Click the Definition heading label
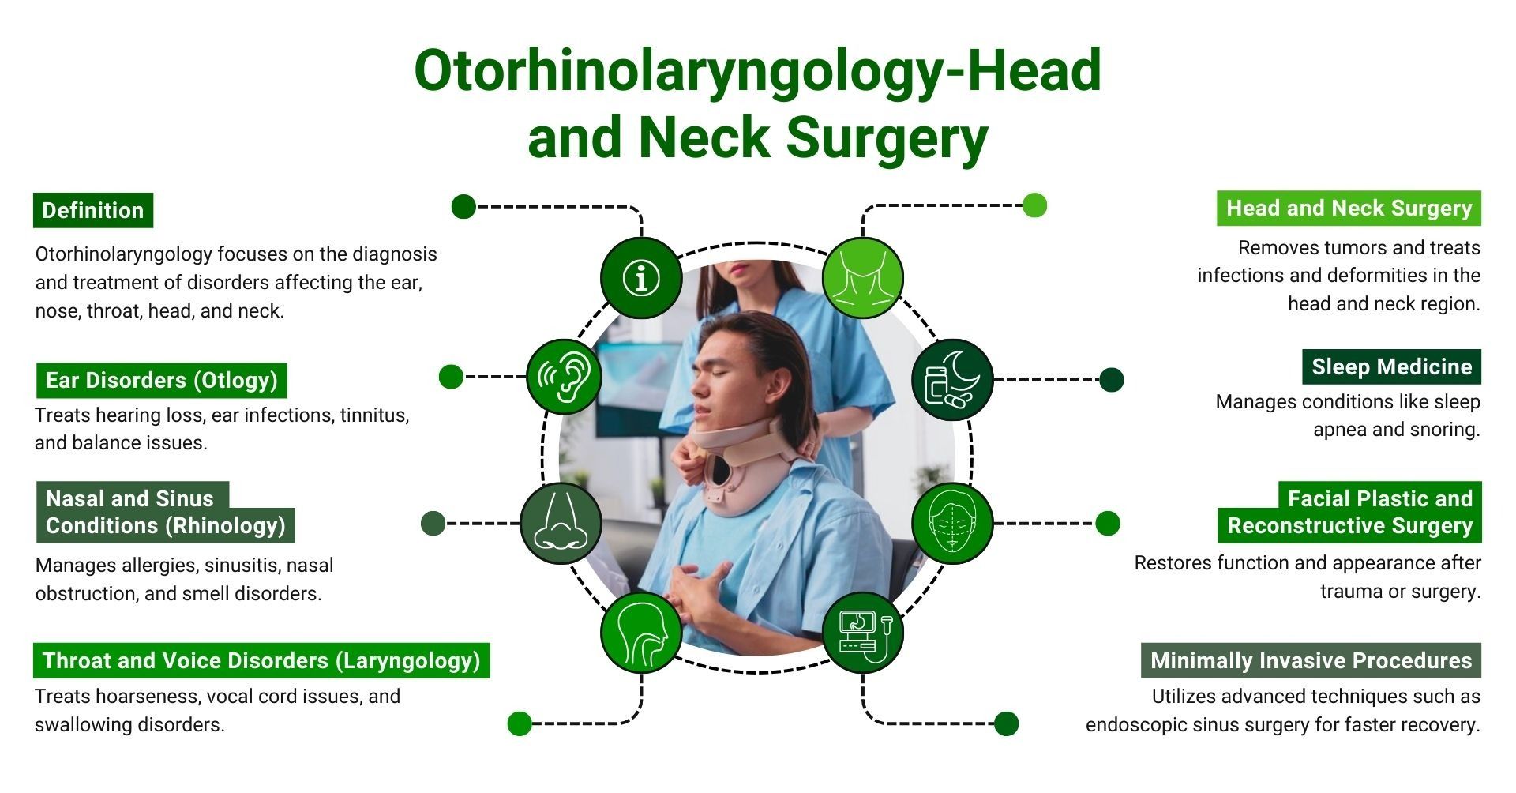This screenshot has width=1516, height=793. pyautogui.click(x=93, y=210)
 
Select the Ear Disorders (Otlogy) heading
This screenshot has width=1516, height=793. pyautogui.click(x=162, y=380)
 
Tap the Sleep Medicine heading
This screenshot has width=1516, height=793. pyautogui.click(x=1391, y=366)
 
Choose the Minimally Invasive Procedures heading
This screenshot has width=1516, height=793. pyautogui.click(x=1311, y=660)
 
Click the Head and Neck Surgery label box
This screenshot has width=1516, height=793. pyautogui.click(x=1349, y=208)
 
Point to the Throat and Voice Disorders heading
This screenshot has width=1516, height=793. pyautogui.click(x=261, y=660)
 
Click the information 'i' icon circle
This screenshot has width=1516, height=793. pyautogui.click(x=641, y=277)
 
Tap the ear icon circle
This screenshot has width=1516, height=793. pyautogui.click(x=565, y=377)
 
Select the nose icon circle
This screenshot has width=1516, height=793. pyautogui.click(x=561, y=523)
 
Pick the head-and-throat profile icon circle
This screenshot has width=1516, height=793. pyautogui.click(x=641, y=633)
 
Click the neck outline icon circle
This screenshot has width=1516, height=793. pyautogui.click(x=862, y=277)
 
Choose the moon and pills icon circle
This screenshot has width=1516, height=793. pyautogui.click(x=952, y=379)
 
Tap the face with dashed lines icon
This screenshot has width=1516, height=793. pyautogui.click(x=952, y=523)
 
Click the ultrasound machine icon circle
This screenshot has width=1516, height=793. pyautogui.click(x=862, y=633)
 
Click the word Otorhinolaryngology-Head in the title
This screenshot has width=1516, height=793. pyautogui.click(x=757, y=70)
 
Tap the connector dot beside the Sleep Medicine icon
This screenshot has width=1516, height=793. pyautogui.click(x=1111, y=380)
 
